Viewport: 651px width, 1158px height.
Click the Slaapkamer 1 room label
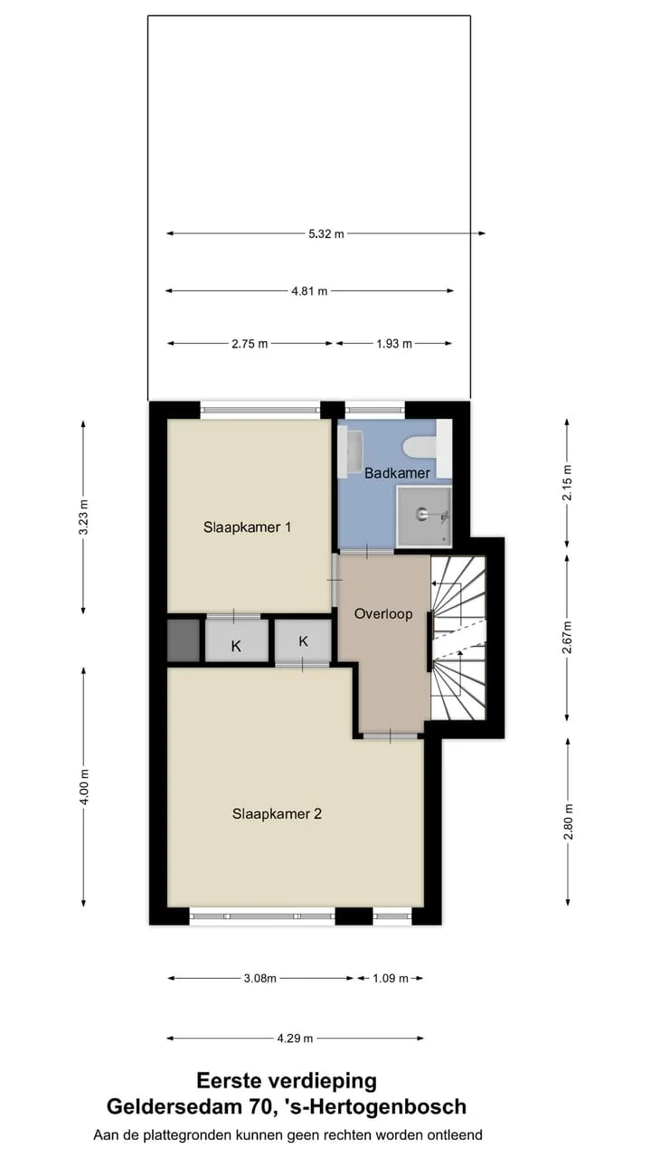click(247, 527)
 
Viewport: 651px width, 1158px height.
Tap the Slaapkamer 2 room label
click(277, 813)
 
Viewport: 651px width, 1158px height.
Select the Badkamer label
click(397, 473)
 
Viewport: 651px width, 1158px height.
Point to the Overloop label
click(383, 614)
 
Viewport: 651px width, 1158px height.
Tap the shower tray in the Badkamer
click(424, 516)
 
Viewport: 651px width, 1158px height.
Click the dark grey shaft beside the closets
click(184, 641)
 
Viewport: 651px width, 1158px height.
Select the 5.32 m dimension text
click(326, 233)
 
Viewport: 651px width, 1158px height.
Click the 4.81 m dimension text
click(309, 291)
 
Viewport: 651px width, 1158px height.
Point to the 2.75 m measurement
click(250, 344)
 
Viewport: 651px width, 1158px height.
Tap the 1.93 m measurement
click(394, 344)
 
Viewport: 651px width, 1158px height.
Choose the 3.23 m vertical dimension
click(84, 517)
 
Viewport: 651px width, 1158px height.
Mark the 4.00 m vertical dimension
click(84, 786)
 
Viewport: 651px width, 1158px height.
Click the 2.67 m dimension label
click(567, 638)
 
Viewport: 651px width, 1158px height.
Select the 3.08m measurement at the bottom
click(260, 979)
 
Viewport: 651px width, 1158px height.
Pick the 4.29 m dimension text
click(295, 1039)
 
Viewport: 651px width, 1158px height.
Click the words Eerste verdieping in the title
click(287, 1081)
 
